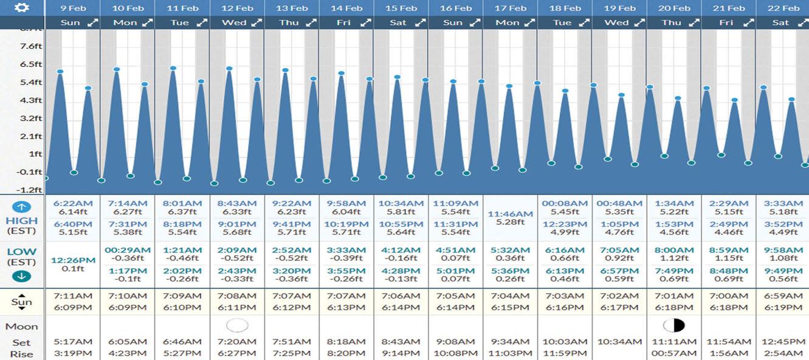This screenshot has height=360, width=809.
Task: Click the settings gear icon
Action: point(22,7)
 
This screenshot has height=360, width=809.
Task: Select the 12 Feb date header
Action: point(237,8)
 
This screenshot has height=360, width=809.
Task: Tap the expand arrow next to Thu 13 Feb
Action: point(311,22)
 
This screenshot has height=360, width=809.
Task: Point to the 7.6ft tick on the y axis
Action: point(31,46)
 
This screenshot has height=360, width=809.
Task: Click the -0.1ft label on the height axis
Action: point(29,172)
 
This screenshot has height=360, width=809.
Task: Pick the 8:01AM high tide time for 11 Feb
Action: point(182,204)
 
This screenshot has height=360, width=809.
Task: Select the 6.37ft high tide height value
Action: point(182,212)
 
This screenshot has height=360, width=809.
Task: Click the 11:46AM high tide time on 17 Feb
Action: point(511,214)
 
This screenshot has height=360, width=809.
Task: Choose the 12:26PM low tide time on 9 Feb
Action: point(73,260)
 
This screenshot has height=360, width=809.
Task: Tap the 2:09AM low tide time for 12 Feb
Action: point(237,250)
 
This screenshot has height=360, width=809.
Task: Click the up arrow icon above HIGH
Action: point(22,207)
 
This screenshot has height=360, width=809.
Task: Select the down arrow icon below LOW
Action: point(22,277)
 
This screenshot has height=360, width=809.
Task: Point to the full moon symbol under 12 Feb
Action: point(237,325)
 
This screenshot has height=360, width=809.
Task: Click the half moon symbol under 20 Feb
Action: point(674,325)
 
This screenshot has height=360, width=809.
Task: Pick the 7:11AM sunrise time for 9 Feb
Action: point(73,296)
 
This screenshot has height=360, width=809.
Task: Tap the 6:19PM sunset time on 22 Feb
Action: point(783,308)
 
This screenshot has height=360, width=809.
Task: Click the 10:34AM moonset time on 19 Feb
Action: point(620,342)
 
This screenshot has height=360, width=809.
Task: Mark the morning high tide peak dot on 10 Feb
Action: point(116,69)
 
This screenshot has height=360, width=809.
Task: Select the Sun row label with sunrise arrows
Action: point(22,302)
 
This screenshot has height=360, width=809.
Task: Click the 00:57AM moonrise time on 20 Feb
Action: point(674,353)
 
